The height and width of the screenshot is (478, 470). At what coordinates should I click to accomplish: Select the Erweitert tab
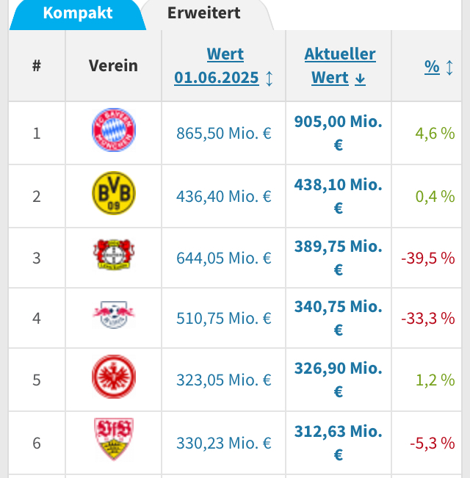[x=203, y=12]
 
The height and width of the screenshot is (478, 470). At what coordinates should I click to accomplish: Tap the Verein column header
[x=113, y=65]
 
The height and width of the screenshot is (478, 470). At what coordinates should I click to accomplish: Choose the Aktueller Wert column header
[x=339, y=65]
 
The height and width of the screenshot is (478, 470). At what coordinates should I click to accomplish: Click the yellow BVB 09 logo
[x=114, y=195]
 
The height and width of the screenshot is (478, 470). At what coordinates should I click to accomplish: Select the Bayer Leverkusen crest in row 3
[x=114, y=256]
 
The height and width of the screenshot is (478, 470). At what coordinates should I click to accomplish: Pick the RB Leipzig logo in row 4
[x=114, y=317]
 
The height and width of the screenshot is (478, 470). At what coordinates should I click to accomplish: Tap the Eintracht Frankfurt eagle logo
[x=114, y=378]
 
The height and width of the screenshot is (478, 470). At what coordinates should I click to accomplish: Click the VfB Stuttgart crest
[x=114, y=441]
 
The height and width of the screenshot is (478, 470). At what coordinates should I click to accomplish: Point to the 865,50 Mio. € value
[x=224, y=134]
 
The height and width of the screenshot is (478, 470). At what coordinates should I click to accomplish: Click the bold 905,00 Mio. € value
[x=338, y=133]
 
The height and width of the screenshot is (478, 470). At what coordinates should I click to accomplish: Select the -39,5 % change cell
[x=427, y=258]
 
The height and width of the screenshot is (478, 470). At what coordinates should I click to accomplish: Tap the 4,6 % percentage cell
[x=435, y=134]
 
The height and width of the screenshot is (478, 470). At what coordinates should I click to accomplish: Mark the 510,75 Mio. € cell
[x=224, y=319]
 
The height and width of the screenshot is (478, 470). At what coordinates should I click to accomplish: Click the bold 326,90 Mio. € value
[x=338, y=380]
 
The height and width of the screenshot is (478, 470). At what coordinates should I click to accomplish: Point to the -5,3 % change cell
[x=432, y=443]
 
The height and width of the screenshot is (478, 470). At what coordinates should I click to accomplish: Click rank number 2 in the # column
[x=37, y=196]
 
